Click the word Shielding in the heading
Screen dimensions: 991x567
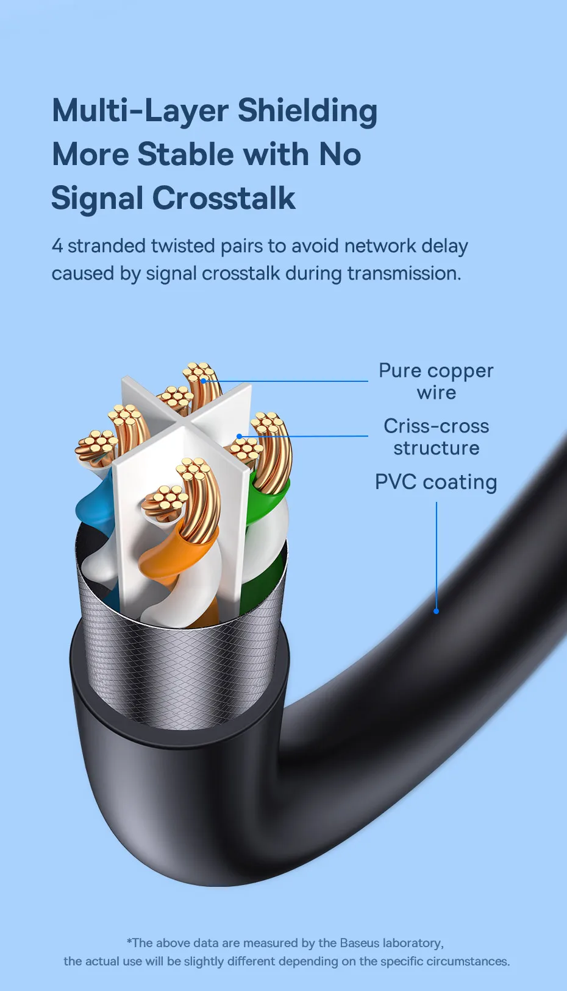307,111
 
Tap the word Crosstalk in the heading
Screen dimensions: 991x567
224,199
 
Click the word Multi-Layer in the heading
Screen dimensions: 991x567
140,111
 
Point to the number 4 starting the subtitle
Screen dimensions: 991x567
57,246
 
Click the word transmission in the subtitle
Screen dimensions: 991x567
404,273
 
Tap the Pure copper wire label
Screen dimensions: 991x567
436,381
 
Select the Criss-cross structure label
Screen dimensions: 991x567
436,437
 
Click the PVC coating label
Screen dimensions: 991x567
436,482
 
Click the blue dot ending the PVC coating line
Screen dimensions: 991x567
436,611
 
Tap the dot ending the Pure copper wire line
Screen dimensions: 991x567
204,381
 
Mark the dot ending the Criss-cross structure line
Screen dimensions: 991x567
240,436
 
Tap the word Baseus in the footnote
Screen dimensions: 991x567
360,943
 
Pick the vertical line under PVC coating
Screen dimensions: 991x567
437,554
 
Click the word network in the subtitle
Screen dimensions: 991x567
377,246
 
